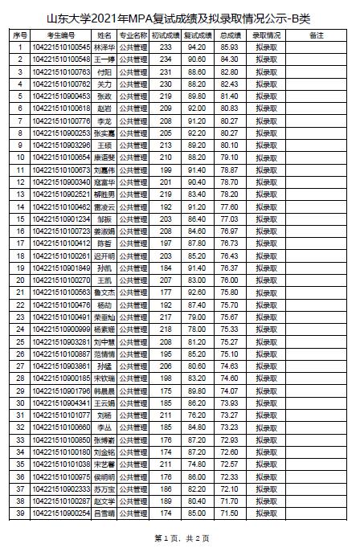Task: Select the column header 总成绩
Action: pos(229,36)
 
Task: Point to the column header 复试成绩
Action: pos(198,36)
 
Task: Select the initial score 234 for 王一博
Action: pos(166,59)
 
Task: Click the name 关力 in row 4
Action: pos(104,84)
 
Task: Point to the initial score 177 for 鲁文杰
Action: pos(166,293)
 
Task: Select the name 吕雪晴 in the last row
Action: pos(104,512)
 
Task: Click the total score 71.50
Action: pos(229,512)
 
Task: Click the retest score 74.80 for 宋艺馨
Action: pos(198,464)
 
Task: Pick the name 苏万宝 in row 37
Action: pos(104,488)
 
